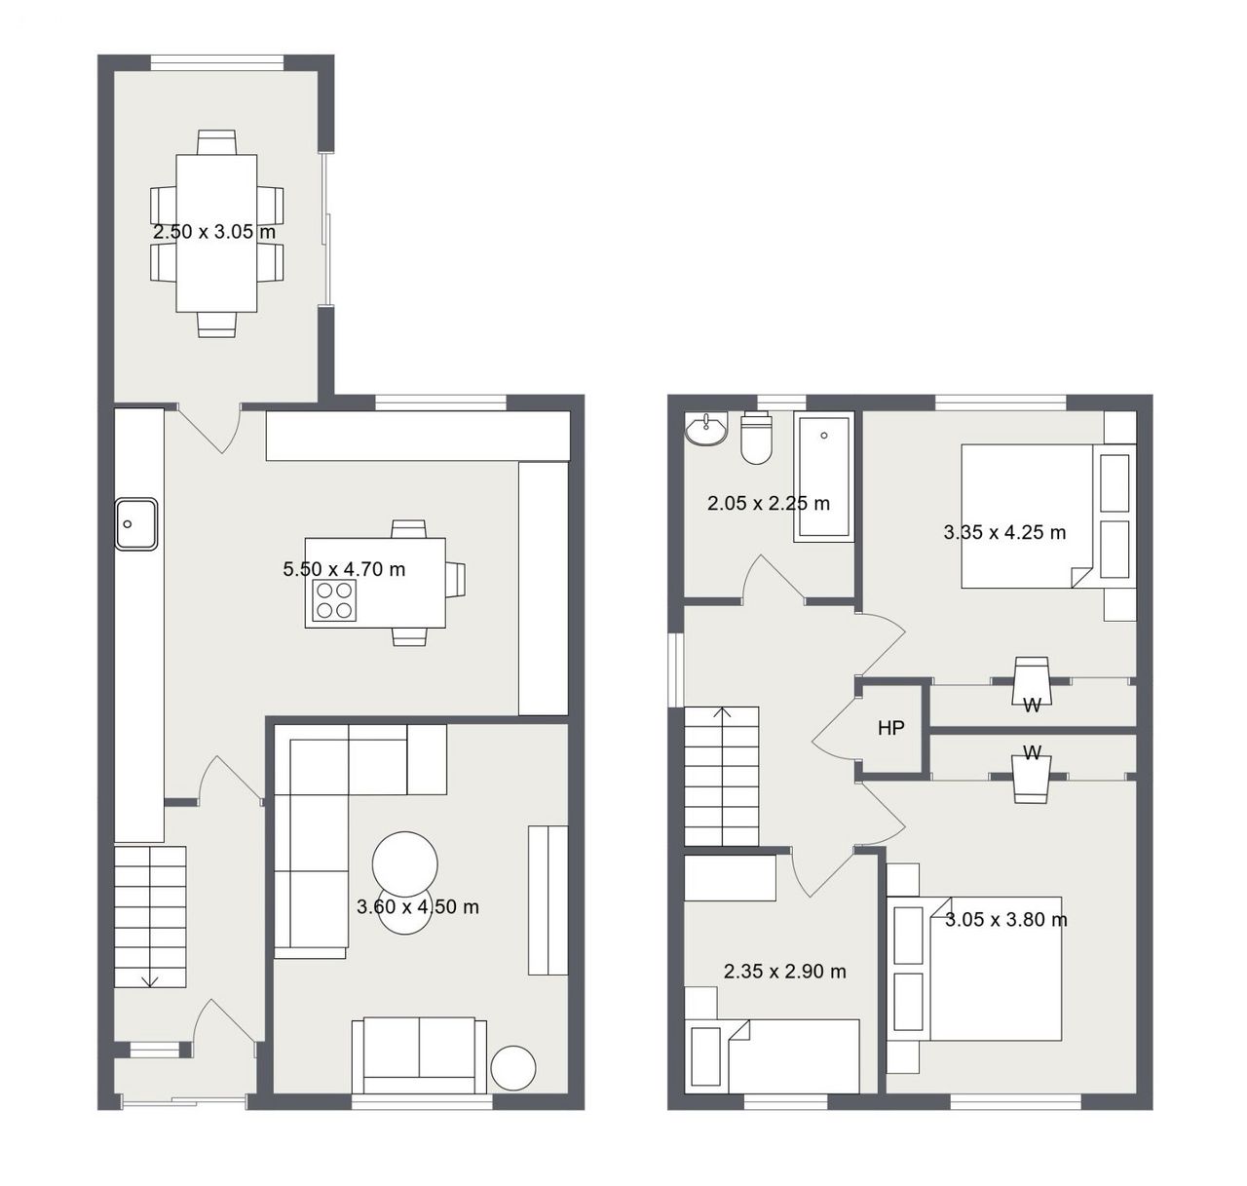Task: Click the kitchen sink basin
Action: pos(135,523)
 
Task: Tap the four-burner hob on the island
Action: pos(334,600)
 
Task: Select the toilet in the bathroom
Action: pos(756,438)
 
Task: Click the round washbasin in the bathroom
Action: pos(706,430)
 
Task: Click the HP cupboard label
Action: pos(890,729)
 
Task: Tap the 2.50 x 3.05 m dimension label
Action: pos(214,232)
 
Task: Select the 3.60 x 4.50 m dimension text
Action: pos(417,906)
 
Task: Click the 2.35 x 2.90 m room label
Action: pos(784,971)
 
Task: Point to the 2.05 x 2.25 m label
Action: pos(768,503)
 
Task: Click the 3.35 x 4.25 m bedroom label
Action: pos(1004,532)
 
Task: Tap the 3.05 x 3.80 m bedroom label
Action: pos(1006,919)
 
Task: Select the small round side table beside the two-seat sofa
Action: pos(513,1068)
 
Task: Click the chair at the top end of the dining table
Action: pos(217,142)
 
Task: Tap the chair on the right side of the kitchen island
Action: pos(455,580)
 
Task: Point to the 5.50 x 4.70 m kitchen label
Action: pos(344,569)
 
